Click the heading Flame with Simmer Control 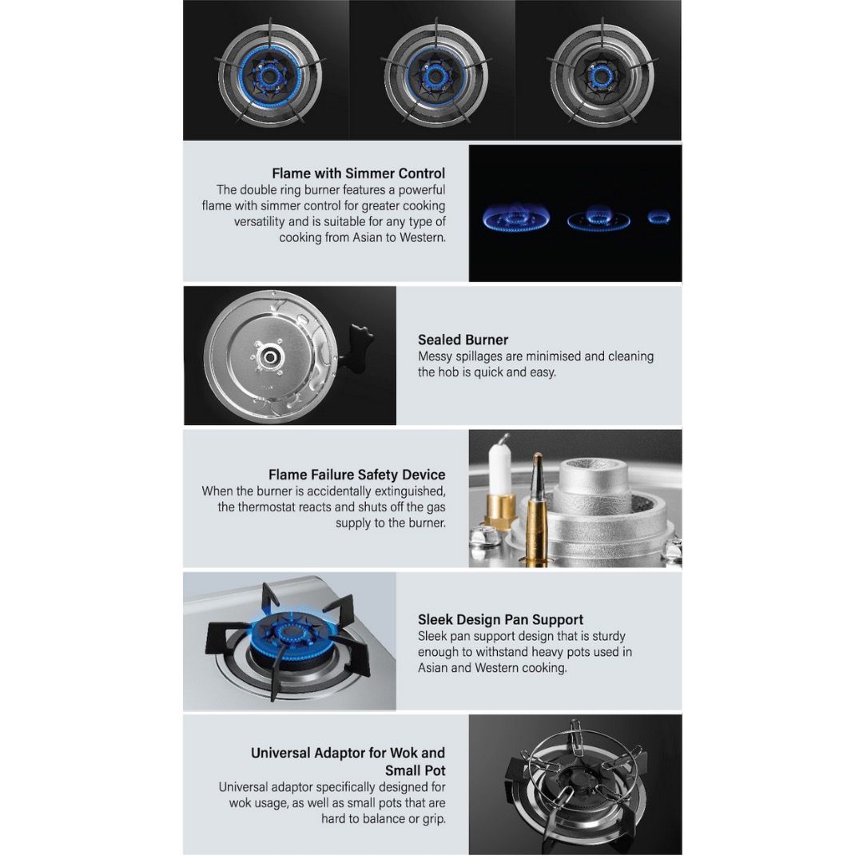[358, 173]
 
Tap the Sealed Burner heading [463, 340]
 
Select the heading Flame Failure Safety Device [356, 475]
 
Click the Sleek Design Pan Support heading [500, 619]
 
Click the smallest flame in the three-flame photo [658, 217]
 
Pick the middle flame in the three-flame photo [598, 218]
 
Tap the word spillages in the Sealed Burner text [484, 356]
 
